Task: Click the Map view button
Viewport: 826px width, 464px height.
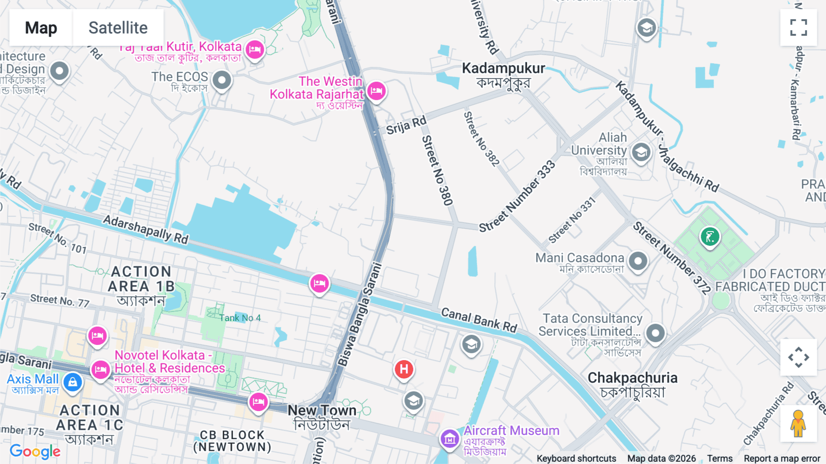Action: pyautogui.click(x=41, y=28)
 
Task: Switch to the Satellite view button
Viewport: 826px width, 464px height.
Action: pyautogui.click(x=118, y=28)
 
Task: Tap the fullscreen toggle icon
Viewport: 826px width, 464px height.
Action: pyautogui.click(x=798, y=28)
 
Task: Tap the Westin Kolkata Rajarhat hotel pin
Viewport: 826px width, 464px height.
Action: pyautogui.click(x=376, y=91)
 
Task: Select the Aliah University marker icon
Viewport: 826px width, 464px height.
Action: pyautogui.click(x=641, y=152)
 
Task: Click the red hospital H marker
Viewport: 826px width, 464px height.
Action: pyautogui.click(x=404, y=369)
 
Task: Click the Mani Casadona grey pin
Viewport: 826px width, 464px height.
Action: pyautogui.click(x=638, y=261)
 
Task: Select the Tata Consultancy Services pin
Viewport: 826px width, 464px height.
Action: pyautogui.click(x=655, y=333)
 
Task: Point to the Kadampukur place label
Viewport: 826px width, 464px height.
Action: pyautogui.click(x=503, y=68)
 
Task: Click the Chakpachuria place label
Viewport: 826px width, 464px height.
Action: pyautogui.click(x=632, y=378)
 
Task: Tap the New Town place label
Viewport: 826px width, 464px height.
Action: pyautogui.click(x=322, y=410)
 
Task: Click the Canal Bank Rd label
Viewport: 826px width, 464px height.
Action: pyautogui.click(x=479, y=320)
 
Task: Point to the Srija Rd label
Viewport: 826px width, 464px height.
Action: pyautogui.click(x=406, y=125)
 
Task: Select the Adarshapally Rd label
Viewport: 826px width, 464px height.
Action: pyautogui.click(x=145, y=229)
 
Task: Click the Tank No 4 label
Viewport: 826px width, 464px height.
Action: pyautogui.click(x=240, y=318)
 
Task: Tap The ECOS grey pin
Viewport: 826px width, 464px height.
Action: pyautogui.click(x=222, y=80)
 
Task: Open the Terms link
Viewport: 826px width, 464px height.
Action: pyautogui.click(x=720, y=458)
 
